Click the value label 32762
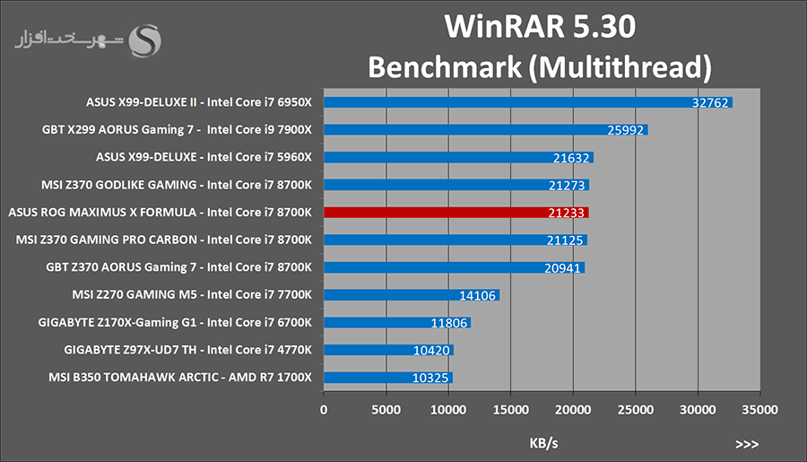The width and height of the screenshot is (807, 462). [711, 103]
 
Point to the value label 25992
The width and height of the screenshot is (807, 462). [626, 130]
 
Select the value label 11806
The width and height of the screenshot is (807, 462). [450, 323]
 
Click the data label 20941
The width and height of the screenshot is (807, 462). [563, 267]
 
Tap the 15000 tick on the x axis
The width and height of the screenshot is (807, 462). [510, 409]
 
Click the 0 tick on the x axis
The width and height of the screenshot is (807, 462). [324, 409]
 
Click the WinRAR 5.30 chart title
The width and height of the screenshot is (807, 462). [540, 28]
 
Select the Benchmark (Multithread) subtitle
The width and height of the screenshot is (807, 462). [540, 67]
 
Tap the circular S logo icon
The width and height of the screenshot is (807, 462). [146, 40]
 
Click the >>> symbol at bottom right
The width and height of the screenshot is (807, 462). [746, 443]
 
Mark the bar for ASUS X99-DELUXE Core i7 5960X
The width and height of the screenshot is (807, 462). [457, 158]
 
